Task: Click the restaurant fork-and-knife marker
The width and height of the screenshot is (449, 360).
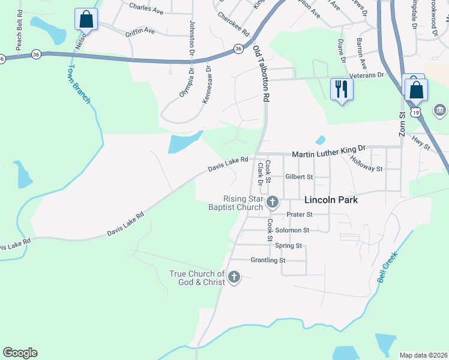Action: click(x=342, y=89)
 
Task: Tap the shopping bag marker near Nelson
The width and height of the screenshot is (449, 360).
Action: click(x=86, y=19)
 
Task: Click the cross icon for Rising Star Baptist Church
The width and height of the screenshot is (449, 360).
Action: click(x=273, y=202)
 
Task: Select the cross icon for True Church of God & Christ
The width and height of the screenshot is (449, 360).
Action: click(x=234, y=277)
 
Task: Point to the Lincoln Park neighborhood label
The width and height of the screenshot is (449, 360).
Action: click(x=331, y=200)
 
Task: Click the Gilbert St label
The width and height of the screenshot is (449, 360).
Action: click(x=299, y=177)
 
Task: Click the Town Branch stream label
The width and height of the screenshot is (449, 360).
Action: click(x=79, y=85)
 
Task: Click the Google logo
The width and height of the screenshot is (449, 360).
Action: click(x=20, y=353)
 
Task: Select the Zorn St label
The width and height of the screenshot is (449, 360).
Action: click(x=403, y=124)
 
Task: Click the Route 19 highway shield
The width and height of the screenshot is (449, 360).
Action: click(x=415, y=112)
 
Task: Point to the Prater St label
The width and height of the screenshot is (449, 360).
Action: click(x=299, y=214)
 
